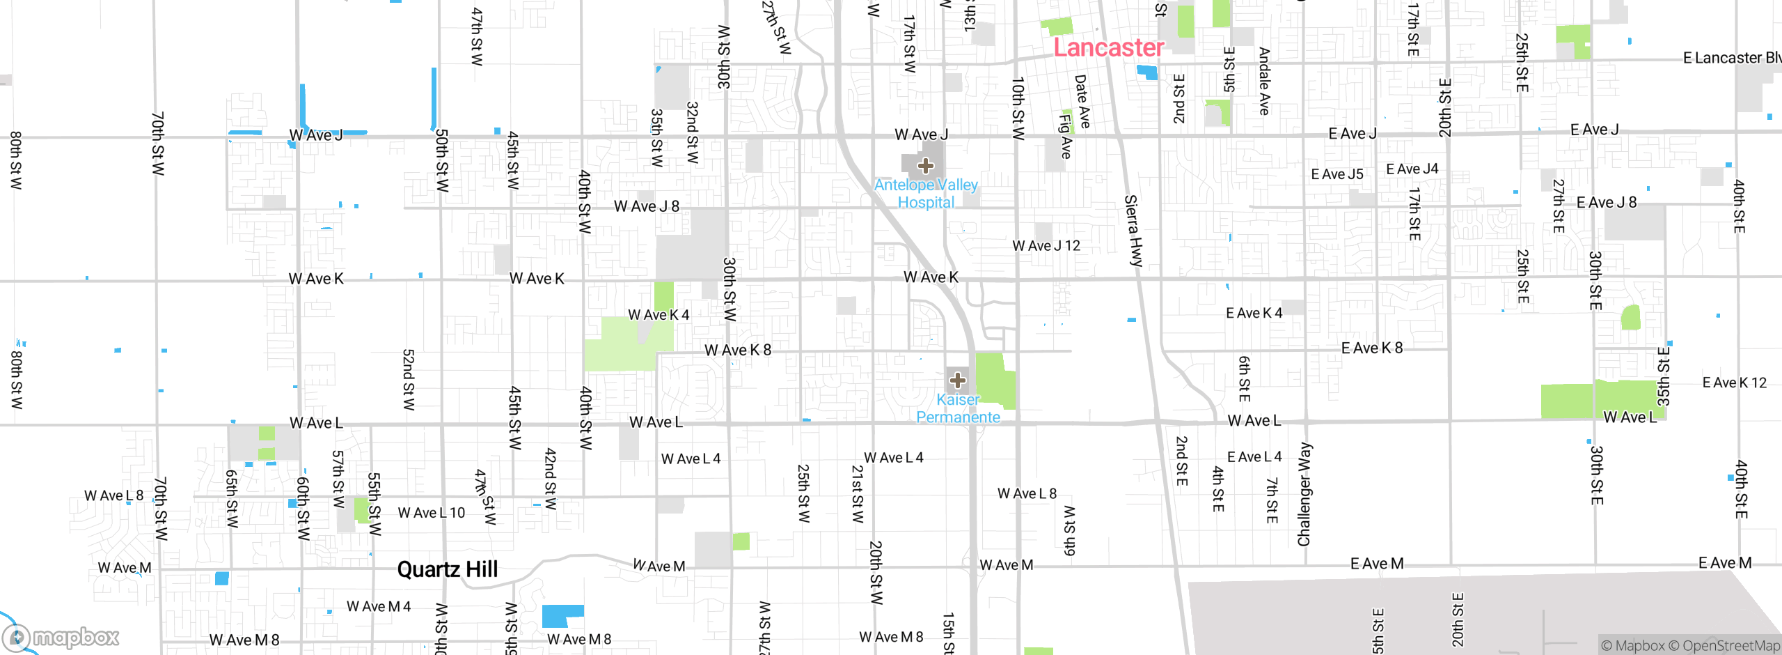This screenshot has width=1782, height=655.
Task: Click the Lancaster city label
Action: tap(1108, 47)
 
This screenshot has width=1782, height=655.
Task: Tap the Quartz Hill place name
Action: tap(447, 569)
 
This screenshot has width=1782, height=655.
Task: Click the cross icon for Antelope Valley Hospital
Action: tap(925, 166)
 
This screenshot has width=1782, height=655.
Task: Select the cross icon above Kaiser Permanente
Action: tap(958, 380)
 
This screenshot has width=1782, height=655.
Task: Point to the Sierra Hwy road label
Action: tap(1133, 231)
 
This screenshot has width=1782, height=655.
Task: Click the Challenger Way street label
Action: tap(1304, 494)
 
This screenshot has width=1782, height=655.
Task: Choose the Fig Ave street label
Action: tap(1065, 136)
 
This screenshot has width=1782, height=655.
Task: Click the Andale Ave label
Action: tap(1265, 81)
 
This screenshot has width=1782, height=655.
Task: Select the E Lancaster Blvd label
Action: tap(1731, 58)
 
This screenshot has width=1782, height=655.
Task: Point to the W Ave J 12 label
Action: tap(1046, 245)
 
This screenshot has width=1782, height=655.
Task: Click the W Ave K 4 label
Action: tap(659, 315)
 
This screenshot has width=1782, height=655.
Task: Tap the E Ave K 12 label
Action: tap(1734, 383)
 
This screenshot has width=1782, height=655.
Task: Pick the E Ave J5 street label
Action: tap(1336, 174)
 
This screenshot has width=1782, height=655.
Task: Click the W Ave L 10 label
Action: tap(431, 513)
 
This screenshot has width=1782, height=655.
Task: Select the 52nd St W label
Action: tap(409, 380)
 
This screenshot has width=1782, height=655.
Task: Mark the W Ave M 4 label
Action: tap(379, 606)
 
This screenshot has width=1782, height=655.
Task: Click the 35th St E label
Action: tap(1663, 376)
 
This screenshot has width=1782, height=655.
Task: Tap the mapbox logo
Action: tap(61, 637)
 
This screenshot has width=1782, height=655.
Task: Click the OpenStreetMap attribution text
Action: tap(1730, 646)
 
